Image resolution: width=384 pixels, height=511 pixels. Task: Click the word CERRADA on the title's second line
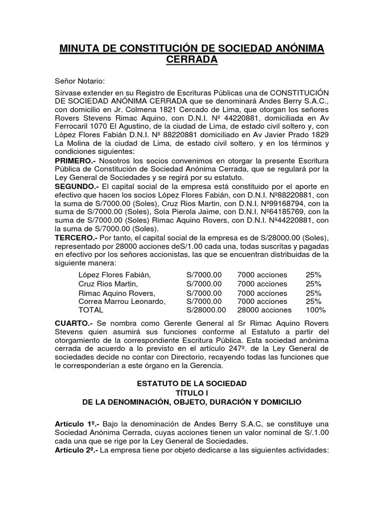point(192,60)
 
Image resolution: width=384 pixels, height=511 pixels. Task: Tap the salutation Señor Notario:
point(80,81)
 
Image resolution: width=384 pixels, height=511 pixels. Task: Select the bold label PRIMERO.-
point(75,161)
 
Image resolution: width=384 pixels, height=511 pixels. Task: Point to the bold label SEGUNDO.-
point(77,186)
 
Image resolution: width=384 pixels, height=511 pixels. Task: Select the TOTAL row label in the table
point(90,310)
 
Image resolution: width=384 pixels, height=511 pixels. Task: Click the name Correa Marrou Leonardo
point(121,301)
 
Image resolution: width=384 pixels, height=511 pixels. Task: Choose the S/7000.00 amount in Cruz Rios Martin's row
point(203,284)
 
